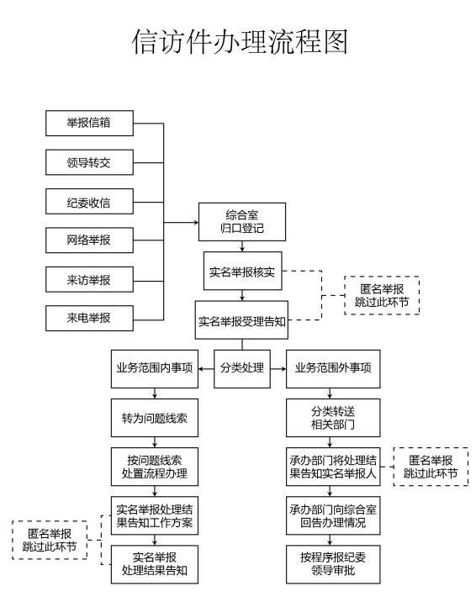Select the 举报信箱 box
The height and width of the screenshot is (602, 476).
[89, 124]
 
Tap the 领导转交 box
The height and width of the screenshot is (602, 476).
[89, 162]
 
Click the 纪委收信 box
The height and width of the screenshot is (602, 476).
[89, 202]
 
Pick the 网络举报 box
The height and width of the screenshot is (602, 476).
[89, 240]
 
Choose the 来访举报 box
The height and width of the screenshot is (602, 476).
[89, 279]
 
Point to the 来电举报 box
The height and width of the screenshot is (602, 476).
[89, 318]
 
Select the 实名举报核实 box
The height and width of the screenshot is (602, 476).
[242, 271]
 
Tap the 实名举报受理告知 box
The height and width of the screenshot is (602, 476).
[242, 320]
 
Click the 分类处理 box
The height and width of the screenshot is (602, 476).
[242, 368]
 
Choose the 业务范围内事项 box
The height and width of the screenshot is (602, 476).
[154, 368]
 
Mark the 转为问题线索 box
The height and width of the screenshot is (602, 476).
[154, 418]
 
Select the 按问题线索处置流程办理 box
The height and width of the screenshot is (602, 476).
[154, 467]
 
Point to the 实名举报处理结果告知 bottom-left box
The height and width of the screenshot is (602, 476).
[154, 564]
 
